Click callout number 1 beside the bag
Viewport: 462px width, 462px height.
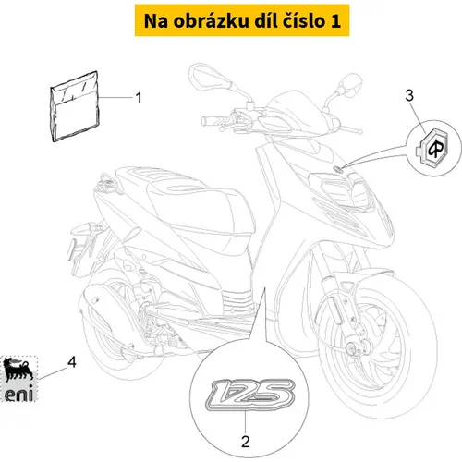[x=139, y=98]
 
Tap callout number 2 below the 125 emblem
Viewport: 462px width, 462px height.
[x=245, y=442]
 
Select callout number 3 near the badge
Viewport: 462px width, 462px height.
[x=409, y=95]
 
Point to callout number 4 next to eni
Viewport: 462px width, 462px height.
[x=72, y=362]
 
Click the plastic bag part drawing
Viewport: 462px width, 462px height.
[x=75, y=107]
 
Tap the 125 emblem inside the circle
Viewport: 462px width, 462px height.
[x=250, y=395]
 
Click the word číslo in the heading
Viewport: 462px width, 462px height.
[x=303, y=21]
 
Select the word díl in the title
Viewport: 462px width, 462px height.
[x=266, y=21]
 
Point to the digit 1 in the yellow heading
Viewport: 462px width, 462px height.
[x=335, y=21]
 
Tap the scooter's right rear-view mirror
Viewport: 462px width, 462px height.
[x=350, y=84]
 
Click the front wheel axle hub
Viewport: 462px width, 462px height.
[x=355, y=347]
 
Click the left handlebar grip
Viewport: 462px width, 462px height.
[x=214, y=120]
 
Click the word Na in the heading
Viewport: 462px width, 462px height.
[x=156, y=21]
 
